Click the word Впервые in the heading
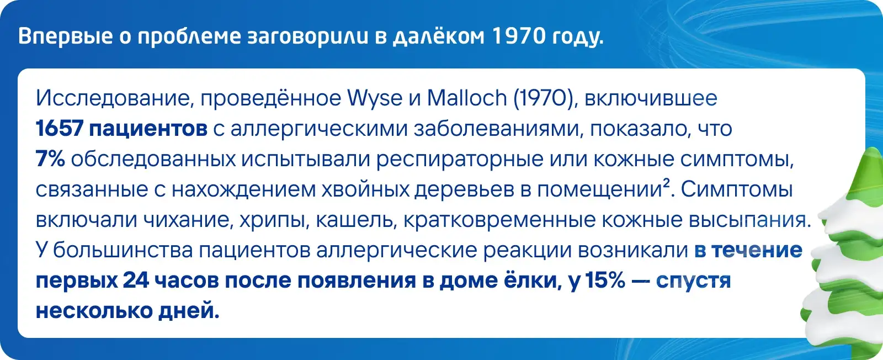pyautogui.click(x=66, y=37)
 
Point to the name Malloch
pyautogui.click(x=467, y=98)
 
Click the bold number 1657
pyautogui.click(x=60, y=129)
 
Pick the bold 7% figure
pyautogui.click(x=50, y=160)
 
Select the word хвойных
pyautogui.click(x=365, y=190)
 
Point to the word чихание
pyautogui.click(x=185, y=220)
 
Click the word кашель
pyautogui.click(x=355, y=220)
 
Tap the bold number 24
pyautogui.click(x=136, y=280)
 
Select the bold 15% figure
pyautogui.click(x=605, y=280)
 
